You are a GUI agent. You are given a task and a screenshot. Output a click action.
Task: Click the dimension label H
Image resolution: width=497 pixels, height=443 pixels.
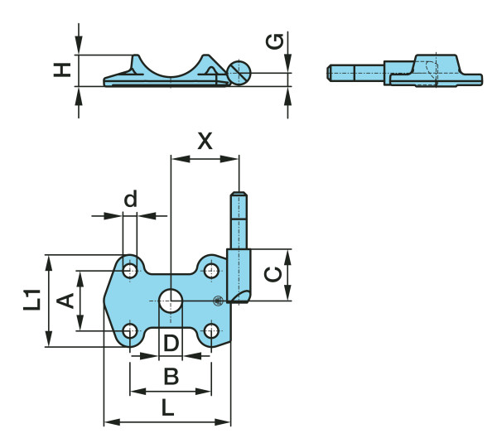(x=61, y=70)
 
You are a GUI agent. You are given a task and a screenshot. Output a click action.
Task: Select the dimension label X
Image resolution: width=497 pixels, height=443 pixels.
(x=204, y=140)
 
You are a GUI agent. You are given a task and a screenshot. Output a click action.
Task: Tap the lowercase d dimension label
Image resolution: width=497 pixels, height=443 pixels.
(x=130, y=199)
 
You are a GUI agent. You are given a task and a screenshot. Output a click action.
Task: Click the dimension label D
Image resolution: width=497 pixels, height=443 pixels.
(x=171, y=342)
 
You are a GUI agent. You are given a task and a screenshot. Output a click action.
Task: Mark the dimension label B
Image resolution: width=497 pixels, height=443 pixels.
(x=171, y=377)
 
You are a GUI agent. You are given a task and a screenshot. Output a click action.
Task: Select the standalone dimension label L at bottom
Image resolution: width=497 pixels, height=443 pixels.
(x=167, y=407)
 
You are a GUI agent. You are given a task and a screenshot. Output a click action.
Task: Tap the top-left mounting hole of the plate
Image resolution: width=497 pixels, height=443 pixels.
(x=130, y=270)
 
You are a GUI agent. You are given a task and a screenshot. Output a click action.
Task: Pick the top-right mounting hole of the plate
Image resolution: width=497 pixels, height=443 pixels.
(x=212, y=270)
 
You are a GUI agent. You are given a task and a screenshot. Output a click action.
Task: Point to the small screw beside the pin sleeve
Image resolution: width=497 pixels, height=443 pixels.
(x=218, y=301)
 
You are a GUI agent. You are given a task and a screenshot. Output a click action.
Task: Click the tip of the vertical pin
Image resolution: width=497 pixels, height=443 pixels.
(x=238, y=196)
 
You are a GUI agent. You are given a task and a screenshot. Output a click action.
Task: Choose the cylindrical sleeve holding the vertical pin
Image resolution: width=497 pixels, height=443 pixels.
(x=239, y=273)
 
